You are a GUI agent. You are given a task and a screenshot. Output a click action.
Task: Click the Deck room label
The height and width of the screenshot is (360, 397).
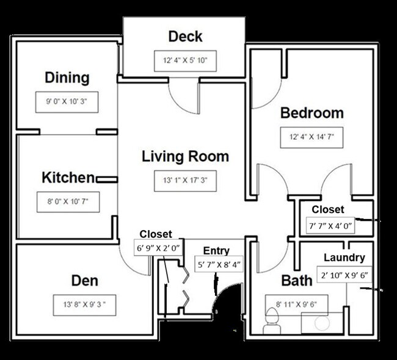(185, 37)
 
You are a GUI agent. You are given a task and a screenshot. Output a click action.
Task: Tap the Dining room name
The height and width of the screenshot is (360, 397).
(67, 77)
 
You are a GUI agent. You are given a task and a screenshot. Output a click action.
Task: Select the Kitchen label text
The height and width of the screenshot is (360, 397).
(68, 178)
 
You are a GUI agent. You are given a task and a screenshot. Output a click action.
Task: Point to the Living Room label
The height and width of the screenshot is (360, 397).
(185, 156)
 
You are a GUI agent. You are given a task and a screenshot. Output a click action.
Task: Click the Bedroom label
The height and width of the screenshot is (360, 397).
(311, 113)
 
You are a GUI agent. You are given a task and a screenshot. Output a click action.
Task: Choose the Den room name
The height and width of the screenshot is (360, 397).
(84, 281)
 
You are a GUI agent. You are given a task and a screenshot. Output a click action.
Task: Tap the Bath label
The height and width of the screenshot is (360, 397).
(297, 281)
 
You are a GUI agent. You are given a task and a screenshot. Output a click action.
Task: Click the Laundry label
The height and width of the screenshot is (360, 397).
(344, 257)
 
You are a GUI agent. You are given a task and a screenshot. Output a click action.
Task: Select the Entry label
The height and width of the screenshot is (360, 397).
(216, 251)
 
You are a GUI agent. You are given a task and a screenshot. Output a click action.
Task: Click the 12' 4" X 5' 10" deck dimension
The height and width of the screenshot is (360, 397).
(185, 61)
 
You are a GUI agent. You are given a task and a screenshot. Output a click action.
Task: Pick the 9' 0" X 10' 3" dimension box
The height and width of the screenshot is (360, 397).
(67, 99)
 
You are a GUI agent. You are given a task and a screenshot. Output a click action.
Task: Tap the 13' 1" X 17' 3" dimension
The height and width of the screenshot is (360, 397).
(186, 181)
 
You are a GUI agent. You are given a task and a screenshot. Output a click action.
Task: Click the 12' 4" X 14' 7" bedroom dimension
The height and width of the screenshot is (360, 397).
(311, 138)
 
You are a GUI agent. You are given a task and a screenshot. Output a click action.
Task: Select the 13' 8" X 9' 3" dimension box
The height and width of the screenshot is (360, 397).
(84, 303)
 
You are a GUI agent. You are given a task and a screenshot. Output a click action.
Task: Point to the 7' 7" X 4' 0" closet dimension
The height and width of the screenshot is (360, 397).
(332, 225)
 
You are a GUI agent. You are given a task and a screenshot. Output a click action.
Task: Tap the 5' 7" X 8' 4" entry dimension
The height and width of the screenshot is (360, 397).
(219, 265)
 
